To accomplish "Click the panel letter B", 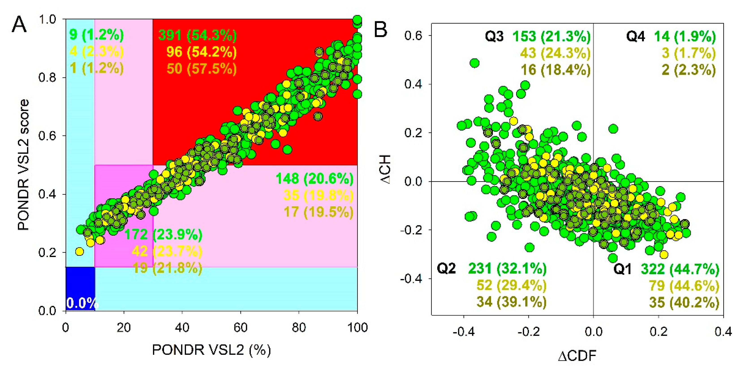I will (x=381, y=30).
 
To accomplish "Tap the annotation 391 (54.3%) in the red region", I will (x=198, y=36).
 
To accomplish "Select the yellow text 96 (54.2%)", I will (x=201, y=52).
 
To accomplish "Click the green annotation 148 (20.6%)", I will (x=315, y=179).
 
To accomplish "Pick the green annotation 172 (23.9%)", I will (x=163, y=235).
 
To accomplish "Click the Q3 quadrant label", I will (x=494, y=37).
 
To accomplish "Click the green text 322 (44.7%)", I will (x=680, y=269).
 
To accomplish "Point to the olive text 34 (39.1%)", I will (x=511, y=302).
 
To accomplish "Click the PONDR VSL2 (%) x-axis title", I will (x=211, y=350).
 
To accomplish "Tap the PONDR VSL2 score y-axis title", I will (x=24, y=165).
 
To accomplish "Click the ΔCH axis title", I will (x=385, y=169).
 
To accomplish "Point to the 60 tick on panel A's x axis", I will (x=240, y=327).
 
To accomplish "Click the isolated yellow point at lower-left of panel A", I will (x=80, y=252).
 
